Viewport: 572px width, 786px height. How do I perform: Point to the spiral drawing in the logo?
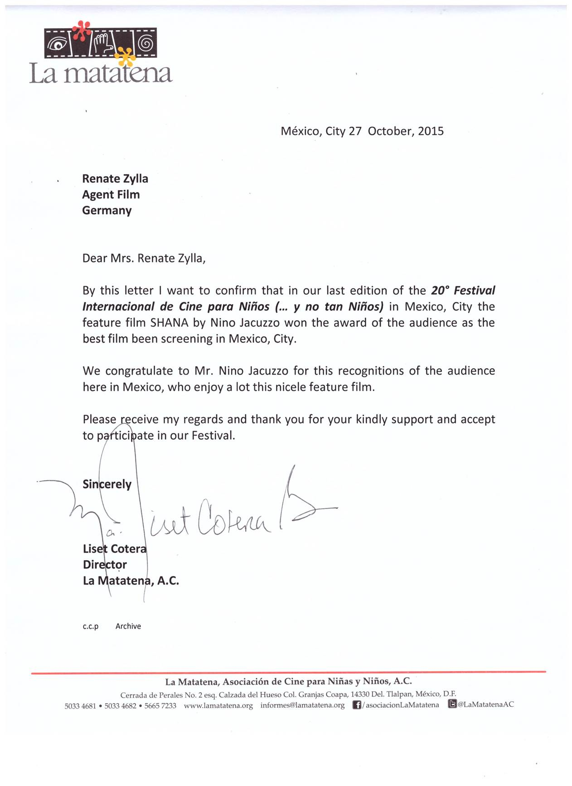coord(146,43)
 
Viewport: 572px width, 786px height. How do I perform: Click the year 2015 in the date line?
coord(431,131)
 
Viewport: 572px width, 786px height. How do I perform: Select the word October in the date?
coord(390,131)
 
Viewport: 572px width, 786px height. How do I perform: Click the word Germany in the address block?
coord(107,211)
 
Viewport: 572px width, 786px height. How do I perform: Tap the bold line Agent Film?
coord(111,195)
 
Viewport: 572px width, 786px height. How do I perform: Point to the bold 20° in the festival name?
coord(440,290)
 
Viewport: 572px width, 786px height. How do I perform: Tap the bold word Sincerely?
coord(107,484)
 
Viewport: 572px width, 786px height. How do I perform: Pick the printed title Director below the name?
coord(105,565)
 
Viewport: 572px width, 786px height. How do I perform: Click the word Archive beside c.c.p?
coord(128,626)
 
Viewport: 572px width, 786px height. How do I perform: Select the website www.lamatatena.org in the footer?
coord(218,705)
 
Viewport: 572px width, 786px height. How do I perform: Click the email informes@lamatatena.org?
coord(302,705)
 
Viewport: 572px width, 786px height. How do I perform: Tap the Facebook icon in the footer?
coord(357,705)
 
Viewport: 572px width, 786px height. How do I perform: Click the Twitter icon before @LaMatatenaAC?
coord(452,704)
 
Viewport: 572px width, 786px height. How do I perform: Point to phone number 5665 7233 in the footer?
coord(160,706)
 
